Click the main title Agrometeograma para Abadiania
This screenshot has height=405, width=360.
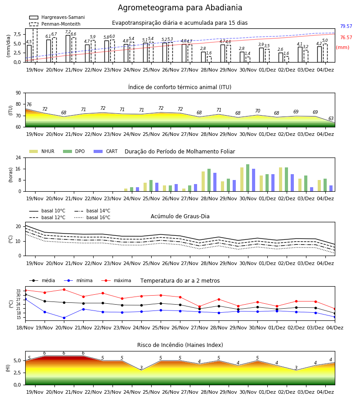click(180, 8)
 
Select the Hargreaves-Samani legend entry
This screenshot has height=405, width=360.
click(57, 17)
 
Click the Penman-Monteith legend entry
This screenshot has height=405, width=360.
click(55, 24)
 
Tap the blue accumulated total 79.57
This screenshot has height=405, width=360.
click(346, 27)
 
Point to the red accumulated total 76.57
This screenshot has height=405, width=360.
click(346, 37)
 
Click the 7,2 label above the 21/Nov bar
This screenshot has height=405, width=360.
click(68, 32)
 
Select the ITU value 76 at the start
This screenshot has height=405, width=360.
click(29, 104)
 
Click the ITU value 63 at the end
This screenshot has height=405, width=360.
click(331, 118)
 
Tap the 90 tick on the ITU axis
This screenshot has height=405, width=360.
click(18, 93)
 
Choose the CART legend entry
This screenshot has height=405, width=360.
click(106, 151)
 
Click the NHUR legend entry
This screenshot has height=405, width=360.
click(42, 151)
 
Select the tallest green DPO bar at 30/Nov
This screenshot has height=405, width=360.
click(247, 178)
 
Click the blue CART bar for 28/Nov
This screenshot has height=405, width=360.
click(215, 182)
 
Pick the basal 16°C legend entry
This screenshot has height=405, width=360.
click(92, 217)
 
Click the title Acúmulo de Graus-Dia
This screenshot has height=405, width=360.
click(180, 216)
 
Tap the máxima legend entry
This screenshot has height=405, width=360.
click(116, 280)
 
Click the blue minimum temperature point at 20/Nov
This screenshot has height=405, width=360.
click(64, 318)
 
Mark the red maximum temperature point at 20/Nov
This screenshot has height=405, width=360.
click(64, 289)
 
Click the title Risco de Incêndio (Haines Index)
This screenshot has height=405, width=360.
click(180, 345)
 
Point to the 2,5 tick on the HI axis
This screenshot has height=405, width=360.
click(17, 373)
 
